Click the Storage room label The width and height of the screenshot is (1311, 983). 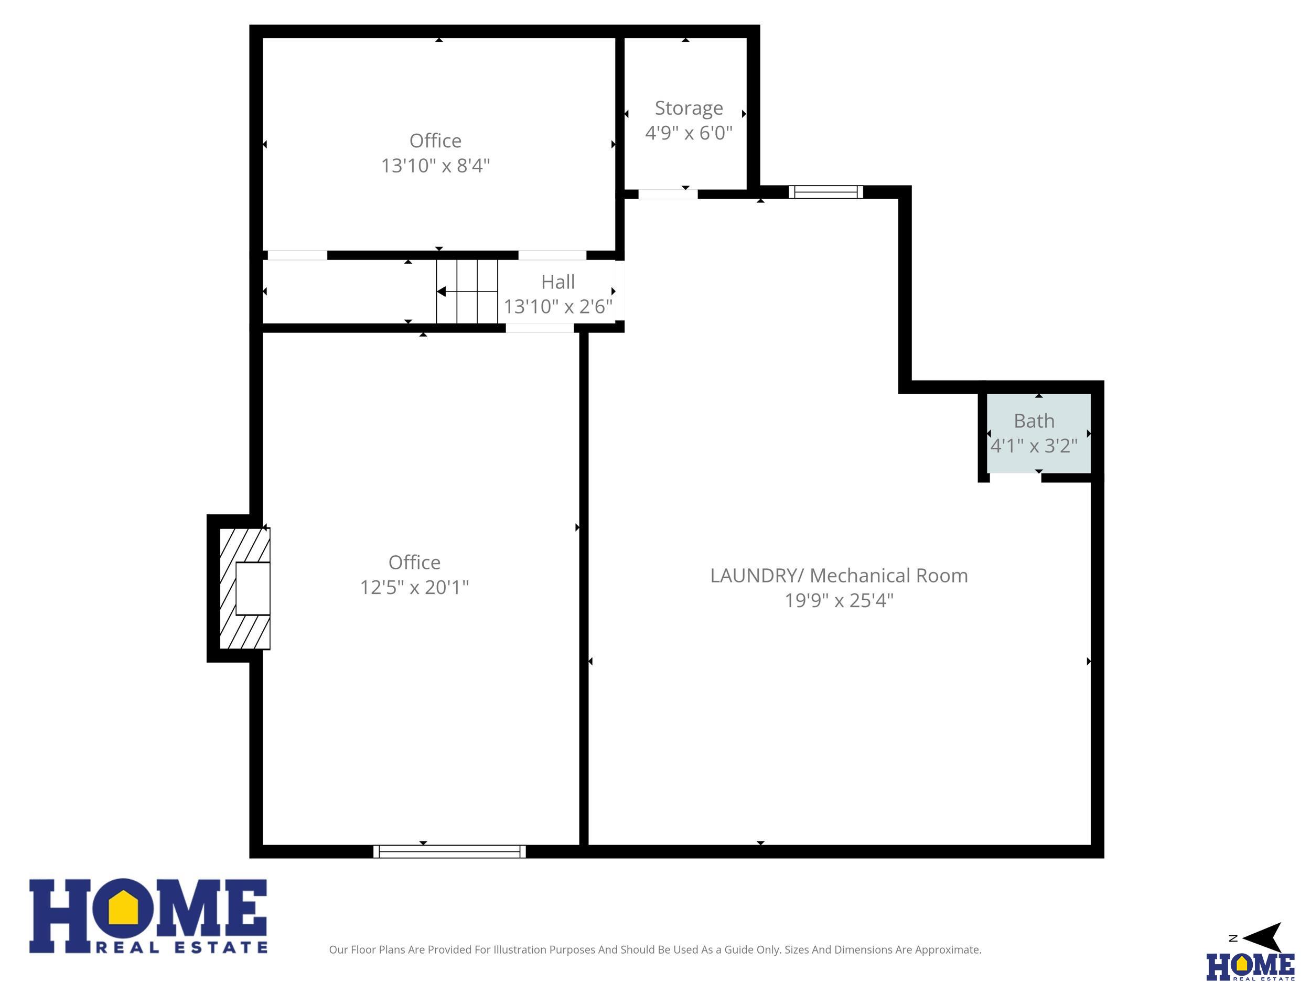(688, 109)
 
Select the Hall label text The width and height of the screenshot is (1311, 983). (558, 282)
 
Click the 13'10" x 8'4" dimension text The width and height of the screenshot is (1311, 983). (435, 165)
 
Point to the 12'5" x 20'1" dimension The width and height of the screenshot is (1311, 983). (414, 587)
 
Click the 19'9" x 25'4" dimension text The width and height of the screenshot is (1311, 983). (839, 600)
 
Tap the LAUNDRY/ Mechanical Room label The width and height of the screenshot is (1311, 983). (839, 575)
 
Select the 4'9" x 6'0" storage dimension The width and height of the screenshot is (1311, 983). (688, 133)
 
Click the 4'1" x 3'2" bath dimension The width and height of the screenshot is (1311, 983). (1034, 446)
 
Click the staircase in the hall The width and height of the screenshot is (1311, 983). (467, 291)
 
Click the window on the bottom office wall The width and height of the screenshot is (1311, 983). (449, 851)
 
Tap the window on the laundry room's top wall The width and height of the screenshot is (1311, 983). (825, 192)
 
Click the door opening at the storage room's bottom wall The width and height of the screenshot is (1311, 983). (668, 194)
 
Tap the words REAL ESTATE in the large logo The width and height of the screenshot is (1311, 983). (181, 947)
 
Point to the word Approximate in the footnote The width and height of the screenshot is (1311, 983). (947, 950)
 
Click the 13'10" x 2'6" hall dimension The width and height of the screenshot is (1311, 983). (558, 307)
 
